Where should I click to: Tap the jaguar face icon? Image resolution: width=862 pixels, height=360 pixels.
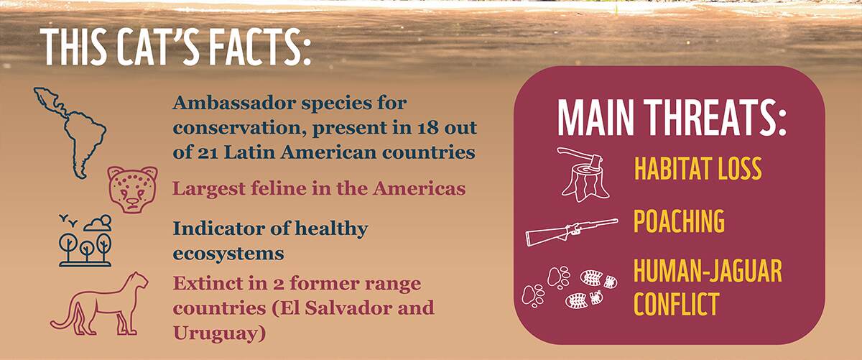[x=133, y=190]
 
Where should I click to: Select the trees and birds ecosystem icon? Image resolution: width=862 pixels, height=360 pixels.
[x=85, y=241]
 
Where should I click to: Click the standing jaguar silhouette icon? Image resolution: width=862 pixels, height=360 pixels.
[x=99, y=304]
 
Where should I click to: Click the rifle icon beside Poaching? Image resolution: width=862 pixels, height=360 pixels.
[x=572, y=232]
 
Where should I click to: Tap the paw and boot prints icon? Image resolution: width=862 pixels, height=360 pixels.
[x=570, y=287]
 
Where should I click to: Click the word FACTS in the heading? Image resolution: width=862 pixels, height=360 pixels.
[x=260, y=47]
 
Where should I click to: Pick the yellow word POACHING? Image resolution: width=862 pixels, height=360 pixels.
[x=680, y=221]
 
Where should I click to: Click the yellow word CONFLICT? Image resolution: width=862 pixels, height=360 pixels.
[x=677, y=304]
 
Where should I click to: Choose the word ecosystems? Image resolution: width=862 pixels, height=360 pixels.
[x=228, y=254]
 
